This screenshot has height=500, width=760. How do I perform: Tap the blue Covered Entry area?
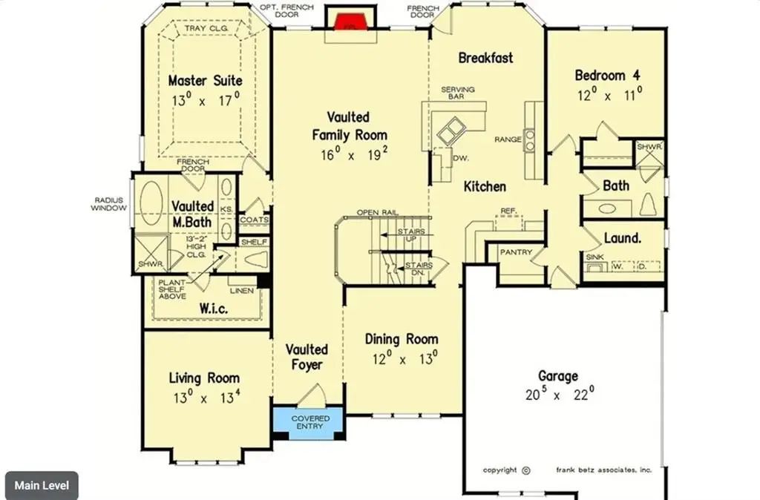(x=309, y=423)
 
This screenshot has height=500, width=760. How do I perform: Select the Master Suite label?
(x=205, y=80)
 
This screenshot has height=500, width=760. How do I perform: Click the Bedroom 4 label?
(x=607, y=75)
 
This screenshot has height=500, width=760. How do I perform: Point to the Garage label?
(x=559, y=376)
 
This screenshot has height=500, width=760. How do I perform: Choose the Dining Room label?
(x=401, y=339)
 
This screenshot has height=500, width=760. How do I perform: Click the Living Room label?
(x=204, y=378)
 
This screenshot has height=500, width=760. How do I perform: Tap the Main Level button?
(x=42, y=485)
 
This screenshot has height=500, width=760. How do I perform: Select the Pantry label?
(x=516, y=252)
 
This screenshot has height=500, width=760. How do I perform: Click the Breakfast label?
(x=485, y=57)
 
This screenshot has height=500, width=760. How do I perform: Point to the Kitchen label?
(x=485, y=186)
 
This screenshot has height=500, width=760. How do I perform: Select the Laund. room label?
(x=622, y=238)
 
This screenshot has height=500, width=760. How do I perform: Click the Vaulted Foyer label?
(x=307, y=357)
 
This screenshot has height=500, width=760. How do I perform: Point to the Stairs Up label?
(x=410, y=236)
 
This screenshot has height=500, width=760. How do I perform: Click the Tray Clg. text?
(x=205, y=29)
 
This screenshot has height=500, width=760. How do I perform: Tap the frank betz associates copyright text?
(x=604, y=470)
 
